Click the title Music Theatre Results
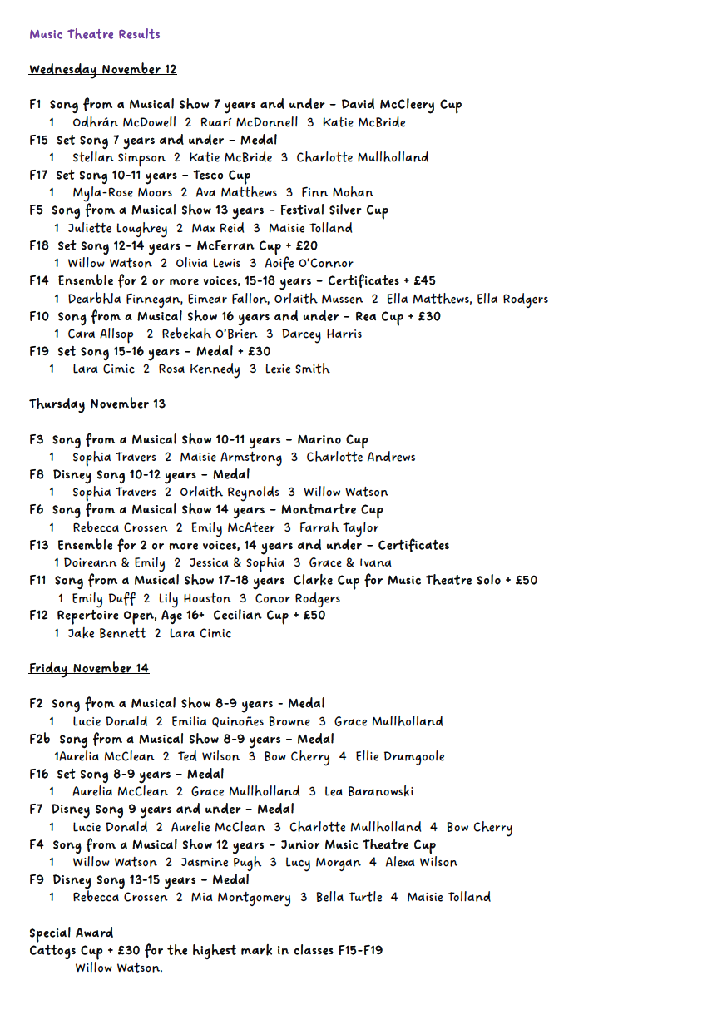[x=95, y=34]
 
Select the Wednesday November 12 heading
[x=102, y=69]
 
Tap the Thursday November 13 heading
[x=97, y=404]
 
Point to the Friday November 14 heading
[x=89, y=669]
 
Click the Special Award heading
[x=71, y=933]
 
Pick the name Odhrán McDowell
[x=124, y=122]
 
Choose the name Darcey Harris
[x=322, y=334]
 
